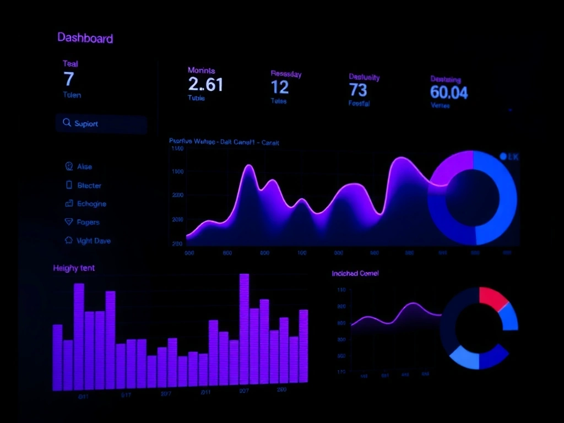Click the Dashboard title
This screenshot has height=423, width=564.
click(85, 38)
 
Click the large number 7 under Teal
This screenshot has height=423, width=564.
click(68, 79)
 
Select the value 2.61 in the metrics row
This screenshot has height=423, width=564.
click(205, 84)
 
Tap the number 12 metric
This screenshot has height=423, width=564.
click(280, 87)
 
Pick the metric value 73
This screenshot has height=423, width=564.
click(358, 89)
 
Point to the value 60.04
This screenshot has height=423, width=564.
click(448, 92)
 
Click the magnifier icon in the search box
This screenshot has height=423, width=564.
click(67, 123)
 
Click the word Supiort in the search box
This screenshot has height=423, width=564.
click(86, 124)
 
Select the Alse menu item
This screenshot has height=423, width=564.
click(84, 166)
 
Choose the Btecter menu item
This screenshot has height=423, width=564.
click(89, 186)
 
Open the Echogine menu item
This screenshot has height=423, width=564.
click(91, 204)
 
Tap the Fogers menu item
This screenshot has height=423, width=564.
click(88, 223)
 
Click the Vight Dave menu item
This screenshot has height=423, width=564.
click(94, 241)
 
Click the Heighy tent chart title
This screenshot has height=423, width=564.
click(74, 268)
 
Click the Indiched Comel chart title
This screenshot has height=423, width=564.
click(355, 273)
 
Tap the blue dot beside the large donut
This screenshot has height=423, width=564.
click(503, 156)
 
